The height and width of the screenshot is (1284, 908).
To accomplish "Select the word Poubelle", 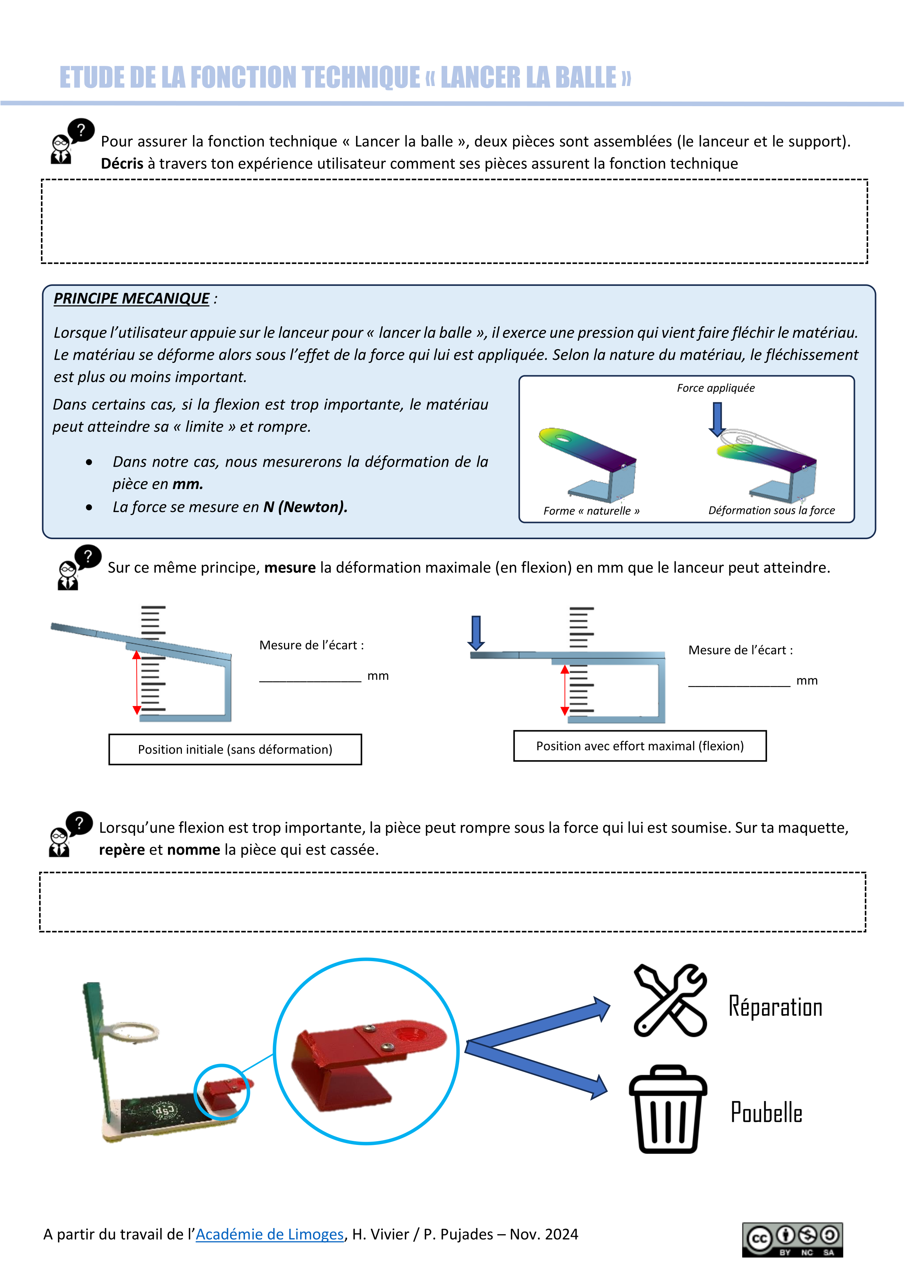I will tap(766, 1112).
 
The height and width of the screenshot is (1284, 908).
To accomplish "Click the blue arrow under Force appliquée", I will tap(717, 419).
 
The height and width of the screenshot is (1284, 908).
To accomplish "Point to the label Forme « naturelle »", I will tap(591, 511).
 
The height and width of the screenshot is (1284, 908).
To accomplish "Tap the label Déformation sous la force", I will tap(771, 510).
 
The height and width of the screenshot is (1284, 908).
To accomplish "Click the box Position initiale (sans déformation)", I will tap(235, 749).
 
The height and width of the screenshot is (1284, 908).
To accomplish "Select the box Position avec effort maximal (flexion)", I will tap(640, 746).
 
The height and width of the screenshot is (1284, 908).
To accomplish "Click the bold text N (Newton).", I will tap(305, 507).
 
